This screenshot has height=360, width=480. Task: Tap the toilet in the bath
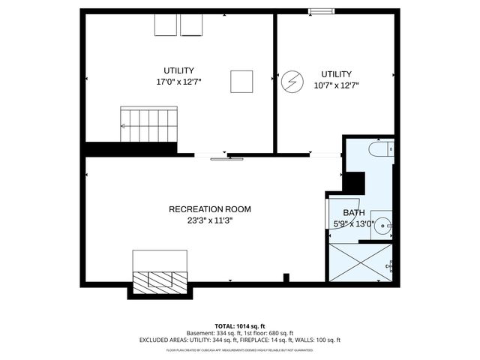pyautogui.click(x=379, y=150)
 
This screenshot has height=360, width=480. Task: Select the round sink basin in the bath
pyautogui.click(x=384, y=223)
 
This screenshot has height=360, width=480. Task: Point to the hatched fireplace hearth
pyautogui.click(x=160, y=280)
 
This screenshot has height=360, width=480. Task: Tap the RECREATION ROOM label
pyautogui.click(x=209, y=209)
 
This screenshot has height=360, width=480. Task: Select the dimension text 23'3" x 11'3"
pyautogui.click(x=209, y=220)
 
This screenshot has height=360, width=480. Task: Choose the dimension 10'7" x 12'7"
pyautogui.click(x=336, y=85)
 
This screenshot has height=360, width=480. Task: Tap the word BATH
pyautogui.click(x=354, y=213)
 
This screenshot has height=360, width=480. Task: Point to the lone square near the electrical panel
pyautogui.click(x=241, y=80)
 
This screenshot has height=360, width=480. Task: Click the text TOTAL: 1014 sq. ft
pyautogui.click(x=240, y=326)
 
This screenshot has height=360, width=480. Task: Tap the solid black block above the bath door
pyautogui.click(x=353, y=182)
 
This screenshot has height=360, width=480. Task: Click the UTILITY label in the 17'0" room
pyautogui.click(x=178, y=70)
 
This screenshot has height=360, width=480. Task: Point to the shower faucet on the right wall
pyautogui.click(x=390, y=265)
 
